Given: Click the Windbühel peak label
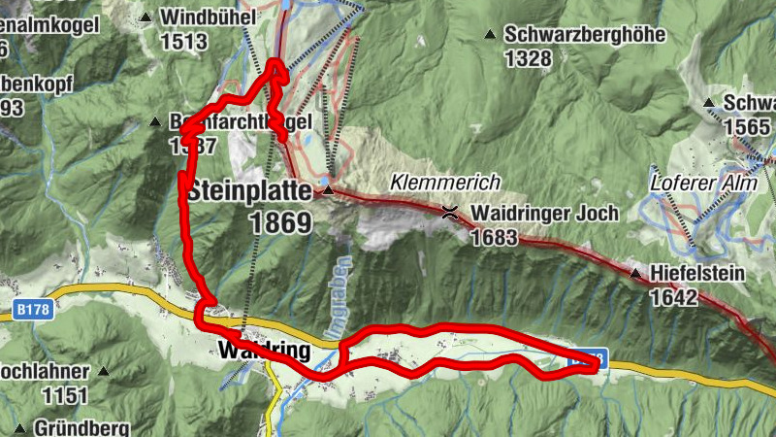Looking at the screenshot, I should point(208,17).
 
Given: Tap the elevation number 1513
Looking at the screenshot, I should point(184,41).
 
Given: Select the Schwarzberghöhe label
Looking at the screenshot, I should point(584,35).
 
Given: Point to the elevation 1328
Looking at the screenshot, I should point(528,58).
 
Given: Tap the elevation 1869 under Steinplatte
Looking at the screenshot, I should point(280,223).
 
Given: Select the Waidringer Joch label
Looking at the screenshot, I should point(544,214).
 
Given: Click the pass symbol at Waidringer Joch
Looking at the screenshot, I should point(450,213).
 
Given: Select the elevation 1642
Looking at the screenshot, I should point(673,296).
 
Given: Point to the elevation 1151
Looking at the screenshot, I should point(65,395).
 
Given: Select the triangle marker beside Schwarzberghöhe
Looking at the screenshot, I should point(490,35).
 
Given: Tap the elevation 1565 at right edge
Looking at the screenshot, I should point(749,126).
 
